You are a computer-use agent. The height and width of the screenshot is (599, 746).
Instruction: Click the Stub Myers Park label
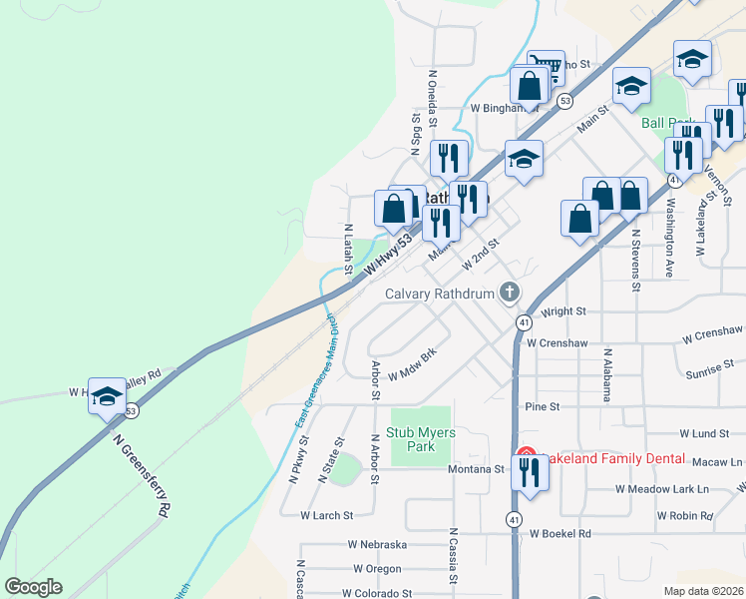tap(412, 440)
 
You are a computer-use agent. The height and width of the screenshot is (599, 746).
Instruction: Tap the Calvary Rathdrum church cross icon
tap(509, 293)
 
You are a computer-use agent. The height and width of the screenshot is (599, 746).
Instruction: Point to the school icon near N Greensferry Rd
tap(107, 396)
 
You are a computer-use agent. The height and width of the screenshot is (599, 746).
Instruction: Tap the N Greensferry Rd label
tap(141, 474)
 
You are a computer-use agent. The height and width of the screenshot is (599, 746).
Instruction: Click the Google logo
tap(33, 587)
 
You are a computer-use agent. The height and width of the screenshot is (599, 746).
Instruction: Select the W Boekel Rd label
tap(559, 534)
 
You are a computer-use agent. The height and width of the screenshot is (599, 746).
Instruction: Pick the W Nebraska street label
tap(377, 545)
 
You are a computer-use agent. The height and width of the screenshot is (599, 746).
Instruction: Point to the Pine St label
tap(543, 407)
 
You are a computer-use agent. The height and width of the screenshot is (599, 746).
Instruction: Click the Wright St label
tap(564, 311)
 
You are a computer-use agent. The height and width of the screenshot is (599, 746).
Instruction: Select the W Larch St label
tap(327, 516)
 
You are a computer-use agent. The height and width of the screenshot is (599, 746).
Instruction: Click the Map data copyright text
tap(703, 590)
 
